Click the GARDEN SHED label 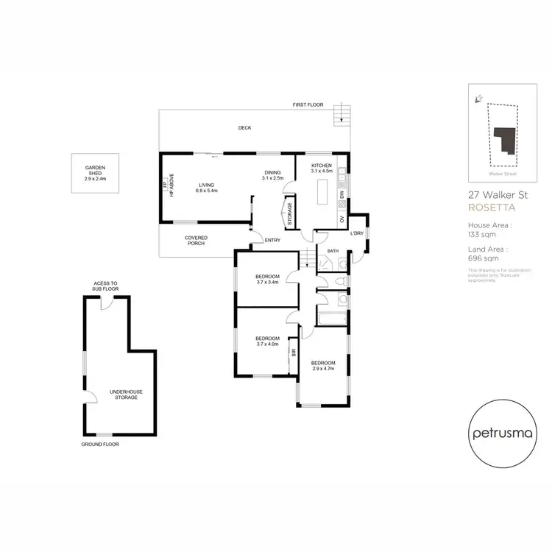pos(96,173)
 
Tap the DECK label pos(244,128)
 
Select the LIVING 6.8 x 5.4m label pos(206,188)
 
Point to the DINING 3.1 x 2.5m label pos(273,175)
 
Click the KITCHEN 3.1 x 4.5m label pos(322,168)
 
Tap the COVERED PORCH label pos(197,241)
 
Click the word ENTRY pos(272,240)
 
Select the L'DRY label pos(358,234)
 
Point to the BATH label pos(333,251)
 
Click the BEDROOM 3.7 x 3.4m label pos(267,279)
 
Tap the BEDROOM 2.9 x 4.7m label pos(322,366)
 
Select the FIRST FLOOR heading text pos(308,105)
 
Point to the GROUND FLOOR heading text pos(100,445)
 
